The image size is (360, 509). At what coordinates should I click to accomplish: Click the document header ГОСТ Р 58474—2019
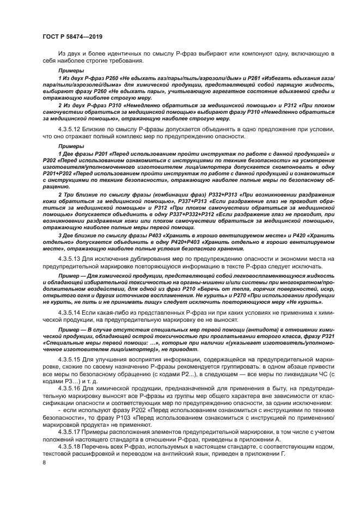(72, 36)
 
